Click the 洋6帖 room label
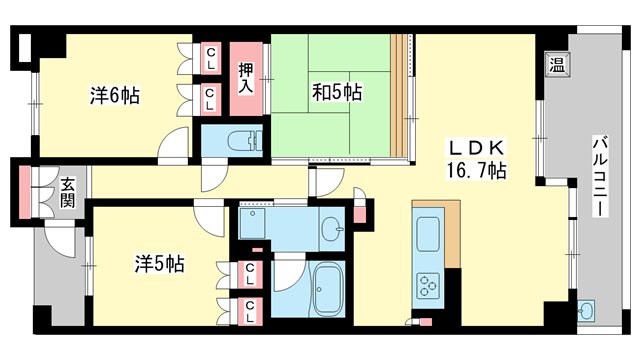(115, 96)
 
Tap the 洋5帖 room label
(160, 264)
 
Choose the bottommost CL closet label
(251, 308)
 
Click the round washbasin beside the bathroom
(332, 229)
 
